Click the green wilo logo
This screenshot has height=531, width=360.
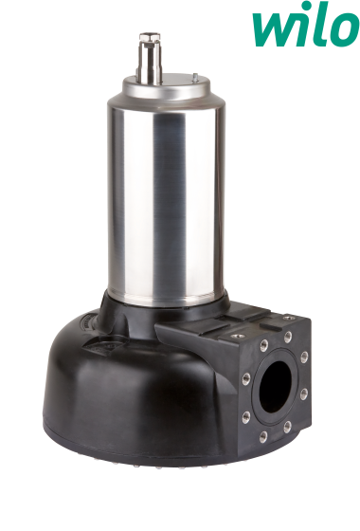(305, 25)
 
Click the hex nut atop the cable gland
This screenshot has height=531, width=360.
(150, 37)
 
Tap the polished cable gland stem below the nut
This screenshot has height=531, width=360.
(151, 63)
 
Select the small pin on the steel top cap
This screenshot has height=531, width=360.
(195, 78)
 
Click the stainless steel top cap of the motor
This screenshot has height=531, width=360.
(166, 89)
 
